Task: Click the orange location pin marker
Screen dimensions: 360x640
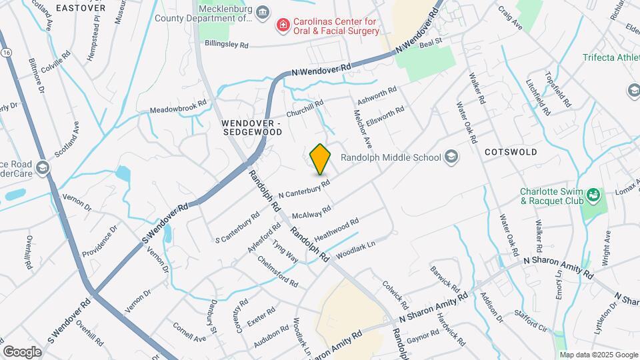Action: pos(321,159)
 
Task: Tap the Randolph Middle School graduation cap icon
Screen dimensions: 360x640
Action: pos(451,157)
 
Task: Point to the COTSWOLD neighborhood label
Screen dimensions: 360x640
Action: pos(511,152)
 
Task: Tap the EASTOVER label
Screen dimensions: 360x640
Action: pos(81,7)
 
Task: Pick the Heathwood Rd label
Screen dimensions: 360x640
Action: pos(337,229)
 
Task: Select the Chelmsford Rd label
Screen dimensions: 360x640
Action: pos(277,271)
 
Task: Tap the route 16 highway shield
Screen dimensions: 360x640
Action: pos(6,51)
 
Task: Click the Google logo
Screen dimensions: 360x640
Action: pos(22,351)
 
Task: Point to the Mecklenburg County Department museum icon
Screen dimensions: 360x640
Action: pos(263,13)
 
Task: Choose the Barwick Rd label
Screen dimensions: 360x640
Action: pos(445,280)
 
